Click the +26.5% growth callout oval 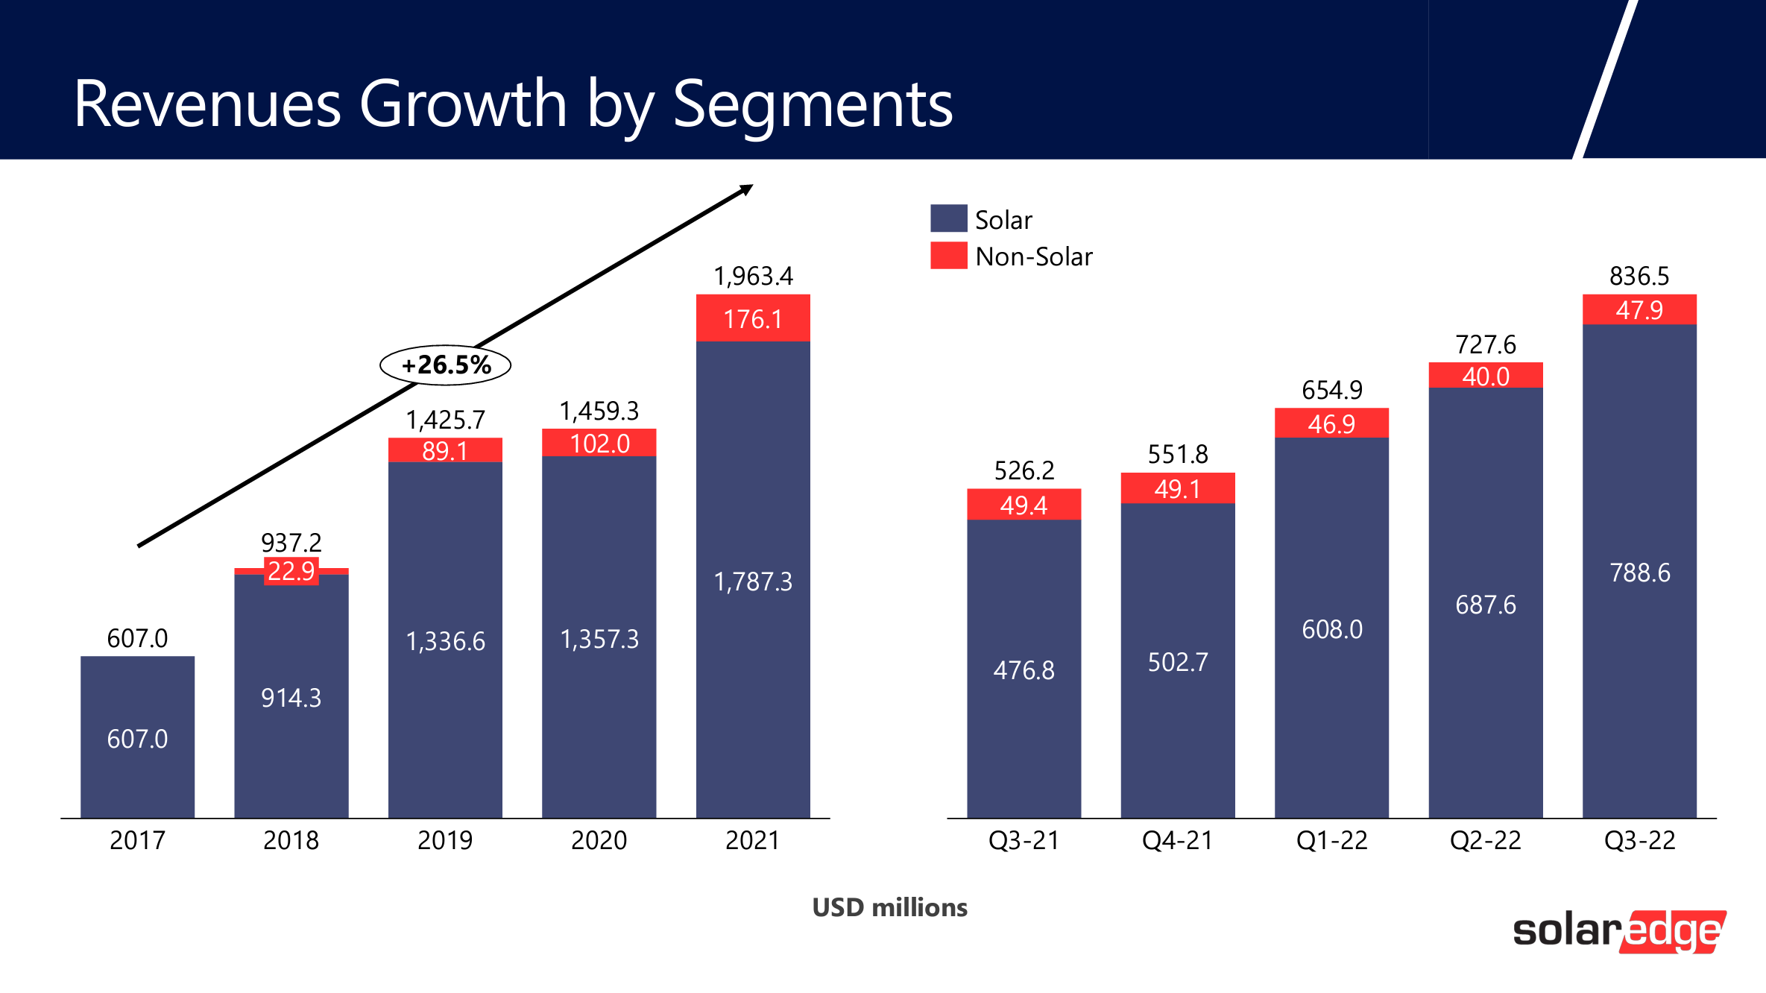[446, 365]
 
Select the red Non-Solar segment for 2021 [753, 318]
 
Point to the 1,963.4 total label [753, 277]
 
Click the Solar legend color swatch [948, 218]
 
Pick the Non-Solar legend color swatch [948, 256]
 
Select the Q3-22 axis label [1639, 841]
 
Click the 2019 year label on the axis [445, 841]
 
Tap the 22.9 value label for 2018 [291, 572]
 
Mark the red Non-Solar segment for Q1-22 [1331, 423]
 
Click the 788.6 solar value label [1639, 573]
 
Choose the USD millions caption [889, 907]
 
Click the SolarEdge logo [1618, 931]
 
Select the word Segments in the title [813, 104]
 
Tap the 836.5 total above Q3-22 [1639, 277]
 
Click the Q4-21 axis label [1178, 841]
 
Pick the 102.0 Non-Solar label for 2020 [599, 444]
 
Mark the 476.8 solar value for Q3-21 [1024, 670]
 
